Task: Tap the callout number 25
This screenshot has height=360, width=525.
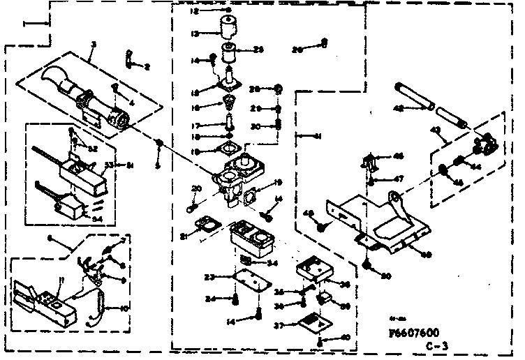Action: (x=258, y=50)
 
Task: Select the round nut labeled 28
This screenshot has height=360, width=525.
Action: (x=277, y=89)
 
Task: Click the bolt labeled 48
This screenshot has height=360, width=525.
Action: (x=322, y=227)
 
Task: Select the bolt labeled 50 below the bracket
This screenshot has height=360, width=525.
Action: (x=368, y=265)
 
